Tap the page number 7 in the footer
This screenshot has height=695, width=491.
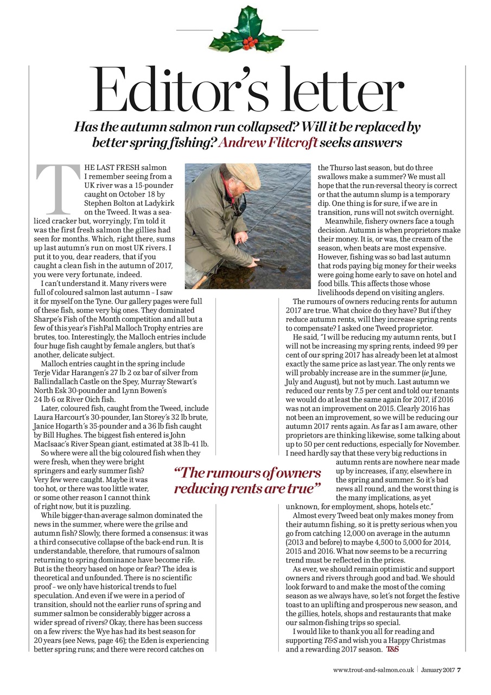(x=459, y=669)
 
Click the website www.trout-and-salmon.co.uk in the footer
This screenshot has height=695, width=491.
(x=374, y=669)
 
